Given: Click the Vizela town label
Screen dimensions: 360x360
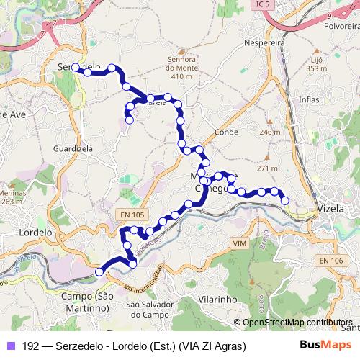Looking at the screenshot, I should click(332, 211).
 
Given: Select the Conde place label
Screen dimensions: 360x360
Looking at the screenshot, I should click(226, 133).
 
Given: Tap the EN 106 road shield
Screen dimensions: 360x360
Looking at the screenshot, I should click(331, 260).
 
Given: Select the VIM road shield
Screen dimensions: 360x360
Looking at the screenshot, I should click(240, 245).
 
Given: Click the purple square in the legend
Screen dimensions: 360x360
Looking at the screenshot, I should click(10, 346).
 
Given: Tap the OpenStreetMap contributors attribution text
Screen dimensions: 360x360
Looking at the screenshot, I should click(297, 323).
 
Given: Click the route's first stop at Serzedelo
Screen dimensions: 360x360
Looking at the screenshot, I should click(76, 67).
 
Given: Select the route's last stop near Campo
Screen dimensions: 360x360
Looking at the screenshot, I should click(99, 271).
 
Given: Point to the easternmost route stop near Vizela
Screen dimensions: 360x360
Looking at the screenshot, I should click(285, 200).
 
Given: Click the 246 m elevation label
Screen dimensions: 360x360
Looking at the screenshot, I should click(269, 132).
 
